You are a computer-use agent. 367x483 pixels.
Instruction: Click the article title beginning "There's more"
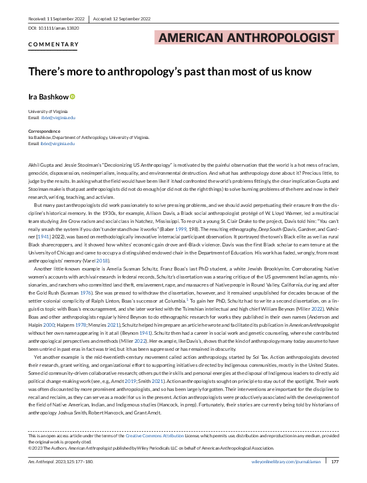pos(170,71)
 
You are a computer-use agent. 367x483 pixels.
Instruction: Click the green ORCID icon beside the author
pos(72,96)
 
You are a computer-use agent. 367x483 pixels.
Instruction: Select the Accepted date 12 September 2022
pos(120,20)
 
